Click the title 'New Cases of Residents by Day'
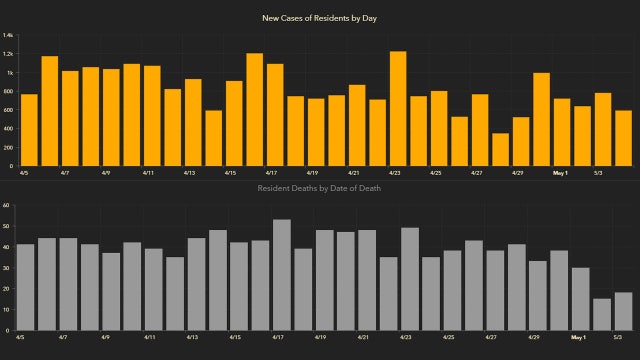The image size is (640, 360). coord(320,18)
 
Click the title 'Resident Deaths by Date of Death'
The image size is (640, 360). coord(320,188)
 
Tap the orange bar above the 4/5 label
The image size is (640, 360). coord(28,130)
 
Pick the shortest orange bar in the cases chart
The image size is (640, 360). coord(500,149)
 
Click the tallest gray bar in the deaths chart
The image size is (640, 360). coord(281,275)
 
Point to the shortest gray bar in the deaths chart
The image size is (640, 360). coord(602,314)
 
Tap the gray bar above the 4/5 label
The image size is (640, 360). coord(25,287)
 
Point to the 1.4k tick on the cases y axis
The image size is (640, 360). coord(8,36)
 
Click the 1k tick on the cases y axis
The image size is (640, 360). coord(9,73)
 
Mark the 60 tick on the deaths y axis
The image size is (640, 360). coord(6,205)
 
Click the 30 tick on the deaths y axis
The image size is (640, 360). coord(6,268)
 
